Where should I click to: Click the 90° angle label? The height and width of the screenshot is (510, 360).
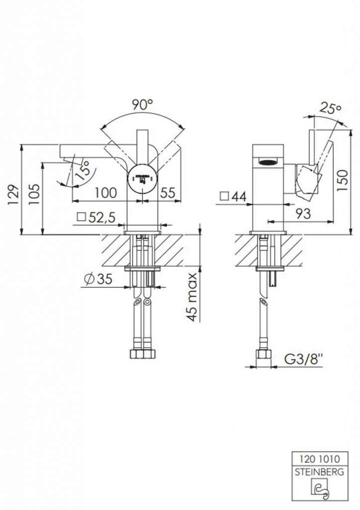(x=142, y=105)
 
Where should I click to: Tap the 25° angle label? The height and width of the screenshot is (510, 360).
(x=330, y=108)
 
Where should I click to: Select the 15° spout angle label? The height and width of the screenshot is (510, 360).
(x=82, y=169)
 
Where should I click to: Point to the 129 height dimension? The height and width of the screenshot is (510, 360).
(x=13, y=195)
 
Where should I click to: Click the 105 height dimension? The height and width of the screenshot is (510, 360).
(x=34, y=195)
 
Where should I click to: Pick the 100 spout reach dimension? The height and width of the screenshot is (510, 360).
(x=106, y=193)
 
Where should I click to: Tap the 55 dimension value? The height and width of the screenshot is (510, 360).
(x=168, y=193)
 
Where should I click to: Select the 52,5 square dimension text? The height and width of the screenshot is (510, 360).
(x=97, y=217)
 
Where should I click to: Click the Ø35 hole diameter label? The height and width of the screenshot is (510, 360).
(x=98, y=279)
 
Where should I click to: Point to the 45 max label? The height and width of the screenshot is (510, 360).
(x=193, y=297)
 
